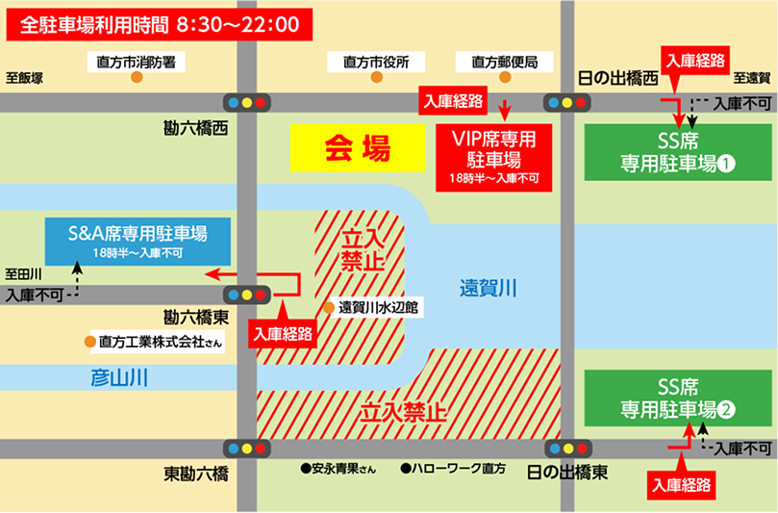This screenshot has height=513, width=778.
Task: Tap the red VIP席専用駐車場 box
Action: click(494, 154)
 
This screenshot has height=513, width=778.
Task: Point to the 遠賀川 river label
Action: click(488, 286)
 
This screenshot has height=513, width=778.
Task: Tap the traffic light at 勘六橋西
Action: click(246, 101)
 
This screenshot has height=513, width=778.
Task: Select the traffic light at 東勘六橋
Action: click(246, 448)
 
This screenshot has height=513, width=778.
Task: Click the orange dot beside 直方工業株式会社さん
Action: click(89, 341)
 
